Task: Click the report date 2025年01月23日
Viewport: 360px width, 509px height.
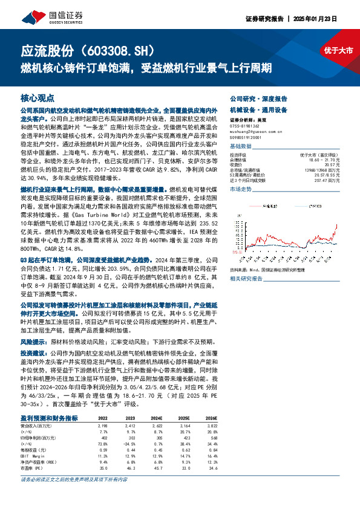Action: [x=332, y=19]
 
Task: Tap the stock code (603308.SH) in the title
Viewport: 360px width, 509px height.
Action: [x=123, y=50]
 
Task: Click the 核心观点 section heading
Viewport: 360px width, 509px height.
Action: [x=37, y=97]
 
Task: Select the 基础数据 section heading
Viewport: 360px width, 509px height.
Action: [x=240, y=147]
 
